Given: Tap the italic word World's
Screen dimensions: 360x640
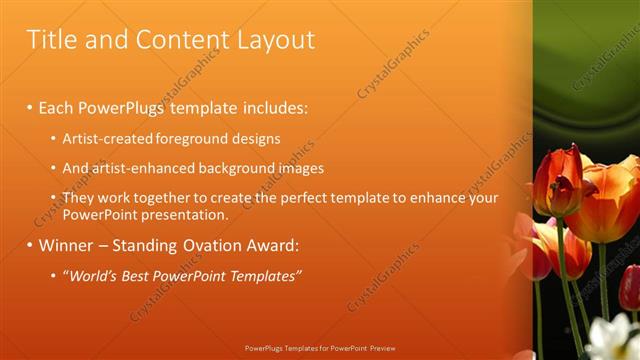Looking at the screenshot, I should (94, 276).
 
